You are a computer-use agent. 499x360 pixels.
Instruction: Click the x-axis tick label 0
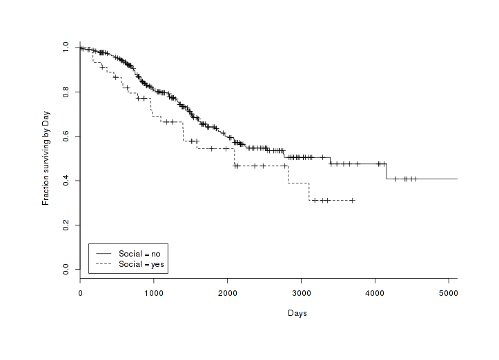(80, 292)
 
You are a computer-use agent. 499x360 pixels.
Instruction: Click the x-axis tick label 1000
(154, 292)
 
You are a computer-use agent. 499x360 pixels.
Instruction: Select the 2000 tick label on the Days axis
(228, 292)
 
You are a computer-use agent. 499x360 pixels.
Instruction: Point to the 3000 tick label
(301, 292)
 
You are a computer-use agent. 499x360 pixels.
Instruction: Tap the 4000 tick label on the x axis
(375, 292)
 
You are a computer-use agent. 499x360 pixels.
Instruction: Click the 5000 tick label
(449, 292)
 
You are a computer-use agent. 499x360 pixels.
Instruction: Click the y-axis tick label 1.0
(65, 48)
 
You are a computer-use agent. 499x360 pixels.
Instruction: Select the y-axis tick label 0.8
(65, 92)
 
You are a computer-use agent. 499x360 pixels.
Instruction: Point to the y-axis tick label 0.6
(65, 137)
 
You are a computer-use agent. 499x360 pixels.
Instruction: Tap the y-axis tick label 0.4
(65, 181)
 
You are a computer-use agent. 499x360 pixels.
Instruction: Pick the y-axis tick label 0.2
(65, 225)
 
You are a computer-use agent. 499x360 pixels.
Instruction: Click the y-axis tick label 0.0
(65, 269)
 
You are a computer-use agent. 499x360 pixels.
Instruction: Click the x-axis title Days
(297, 313)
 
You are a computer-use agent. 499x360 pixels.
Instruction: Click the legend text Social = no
(139, 254)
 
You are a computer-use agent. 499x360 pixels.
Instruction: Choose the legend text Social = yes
(141, 263)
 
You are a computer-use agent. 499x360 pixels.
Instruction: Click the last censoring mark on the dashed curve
(352, 200)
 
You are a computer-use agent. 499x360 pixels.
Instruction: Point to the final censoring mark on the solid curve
(414, 179)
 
